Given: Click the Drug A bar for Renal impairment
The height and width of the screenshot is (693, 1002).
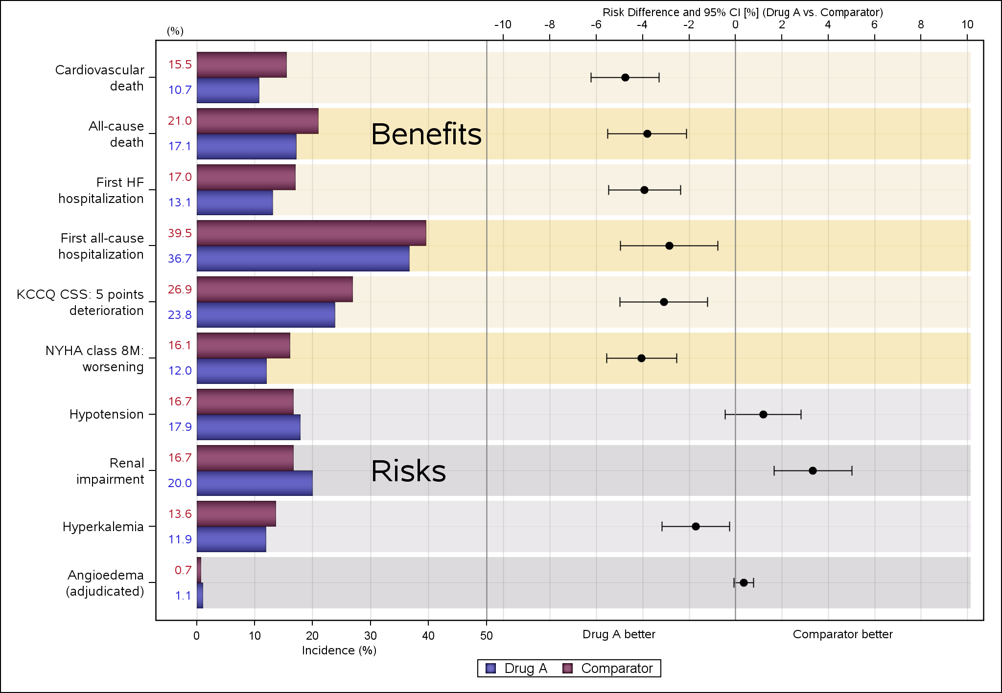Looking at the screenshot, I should (x=255, y=483).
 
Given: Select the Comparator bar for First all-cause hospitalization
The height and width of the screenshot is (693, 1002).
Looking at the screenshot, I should (x=311, y=233).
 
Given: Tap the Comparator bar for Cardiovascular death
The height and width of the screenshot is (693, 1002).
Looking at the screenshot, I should (x=242, y=65).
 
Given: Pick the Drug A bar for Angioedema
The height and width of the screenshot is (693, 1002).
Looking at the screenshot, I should (x=200, y=595).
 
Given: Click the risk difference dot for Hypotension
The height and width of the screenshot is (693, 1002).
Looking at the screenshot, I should (x=763, y=415).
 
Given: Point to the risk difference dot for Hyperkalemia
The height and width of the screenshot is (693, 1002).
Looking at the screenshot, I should (x=696, y=527).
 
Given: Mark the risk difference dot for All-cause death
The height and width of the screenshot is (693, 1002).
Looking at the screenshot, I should (x=647, y=134).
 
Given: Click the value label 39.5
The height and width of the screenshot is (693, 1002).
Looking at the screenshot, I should (x=180, y=233).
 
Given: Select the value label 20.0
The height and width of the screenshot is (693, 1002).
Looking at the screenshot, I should (x=180, y=483).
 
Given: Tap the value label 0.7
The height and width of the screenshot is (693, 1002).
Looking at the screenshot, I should (x=183, y=570).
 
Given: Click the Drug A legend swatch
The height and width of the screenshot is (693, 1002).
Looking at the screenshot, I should (x=491, y=669).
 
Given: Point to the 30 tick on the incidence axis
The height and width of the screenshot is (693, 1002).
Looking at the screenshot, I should (x=371, y=636).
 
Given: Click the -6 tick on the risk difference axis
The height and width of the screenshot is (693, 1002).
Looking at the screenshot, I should (x=596, y=24).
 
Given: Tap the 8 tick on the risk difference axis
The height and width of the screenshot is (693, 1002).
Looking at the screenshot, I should (x=921, y=24).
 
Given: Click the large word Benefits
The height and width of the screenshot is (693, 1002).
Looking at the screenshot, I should (x=426, y=134).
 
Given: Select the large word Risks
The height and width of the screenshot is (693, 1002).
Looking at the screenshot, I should (x=408, y=471).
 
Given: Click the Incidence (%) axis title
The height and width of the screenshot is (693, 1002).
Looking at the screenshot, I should (x=339, y=650).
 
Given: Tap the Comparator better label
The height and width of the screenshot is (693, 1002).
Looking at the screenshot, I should (x=842, y=634).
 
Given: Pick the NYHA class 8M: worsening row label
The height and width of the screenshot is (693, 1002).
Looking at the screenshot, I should (x=94, y=358).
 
